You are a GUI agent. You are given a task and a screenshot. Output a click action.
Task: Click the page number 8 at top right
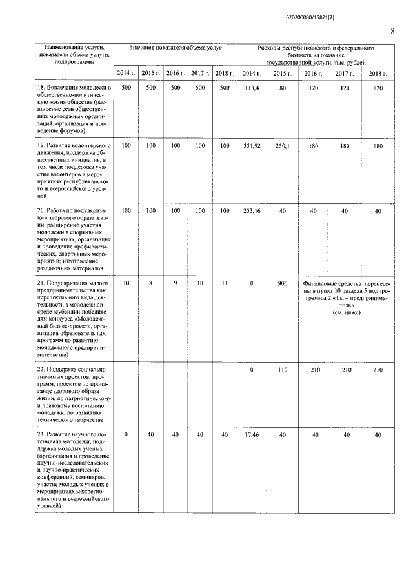(392, 31)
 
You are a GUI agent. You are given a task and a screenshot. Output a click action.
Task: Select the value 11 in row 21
(224, 283)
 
